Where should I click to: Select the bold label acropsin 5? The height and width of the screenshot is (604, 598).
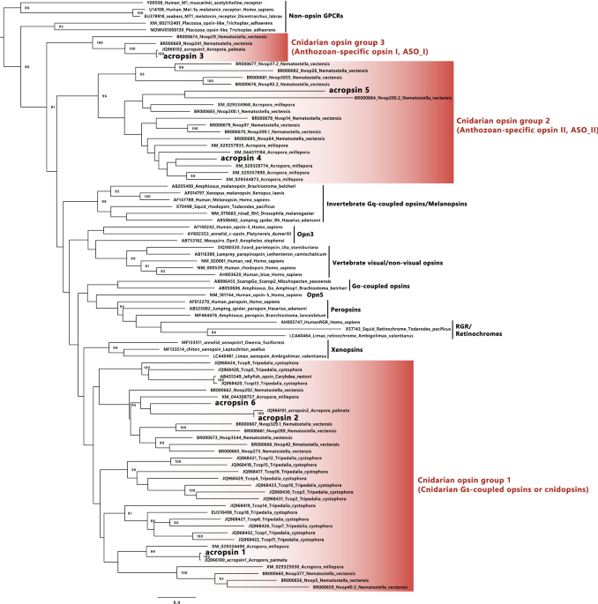coord(348,91)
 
